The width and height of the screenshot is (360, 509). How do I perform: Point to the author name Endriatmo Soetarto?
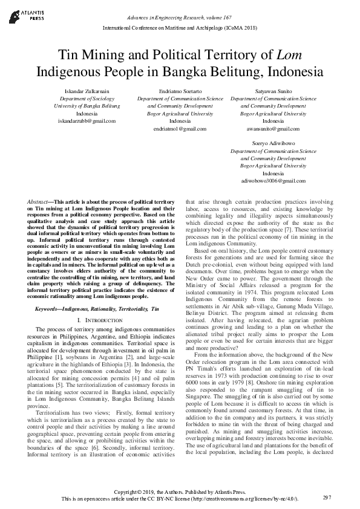tap(180, 91)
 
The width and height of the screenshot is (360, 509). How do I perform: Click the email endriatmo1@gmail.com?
tap(180, 129)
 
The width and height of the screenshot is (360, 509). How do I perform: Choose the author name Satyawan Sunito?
tap(273, 91)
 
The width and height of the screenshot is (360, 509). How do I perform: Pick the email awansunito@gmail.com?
tap(273, 129)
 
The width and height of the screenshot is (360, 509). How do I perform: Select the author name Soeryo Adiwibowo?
tap(273, 143)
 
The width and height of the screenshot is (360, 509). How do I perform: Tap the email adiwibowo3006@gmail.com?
tap(273, 181)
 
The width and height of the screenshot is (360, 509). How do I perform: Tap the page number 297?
tap(327, 497)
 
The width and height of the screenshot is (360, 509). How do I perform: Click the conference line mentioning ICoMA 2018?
tap(180, 28)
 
